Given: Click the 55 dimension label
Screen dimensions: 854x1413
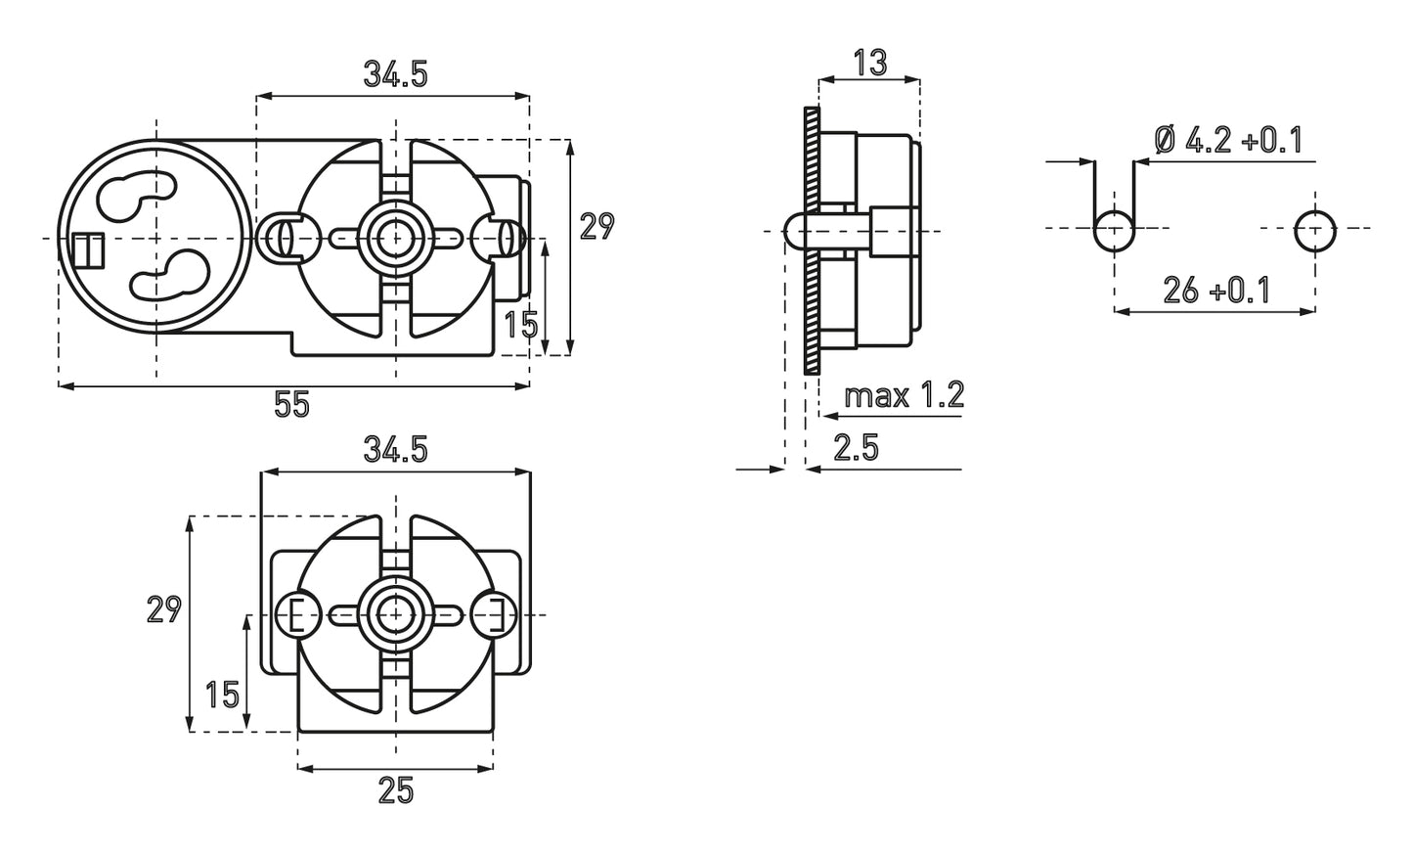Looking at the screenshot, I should tap(291, 404).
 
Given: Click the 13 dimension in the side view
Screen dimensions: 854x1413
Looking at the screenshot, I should tap(868, 62).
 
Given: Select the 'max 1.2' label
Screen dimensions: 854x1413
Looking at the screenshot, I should tap(904, 395).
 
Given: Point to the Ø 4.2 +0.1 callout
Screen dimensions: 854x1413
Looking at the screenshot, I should tap(1228, 141).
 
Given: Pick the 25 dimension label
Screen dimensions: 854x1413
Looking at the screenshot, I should tap(395, 789).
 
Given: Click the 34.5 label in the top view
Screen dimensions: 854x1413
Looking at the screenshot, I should tap(395, 74).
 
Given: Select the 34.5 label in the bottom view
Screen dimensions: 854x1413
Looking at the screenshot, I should tap(395, 450).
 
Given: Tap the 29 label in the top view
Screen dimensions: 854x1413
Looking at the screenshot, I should tap(596, 226).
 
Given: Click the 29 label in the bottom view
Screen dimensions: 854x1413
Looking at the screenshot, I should tap(163, 609).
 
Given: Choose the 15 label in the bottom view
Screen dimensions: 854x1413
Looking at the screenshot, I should tap(222, 695).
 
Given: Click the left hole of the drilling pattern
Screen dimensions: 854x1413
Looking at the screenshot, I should tap(1113, 232).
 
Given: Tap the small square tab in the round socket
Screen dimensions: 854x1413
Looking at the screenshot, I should tap(88, 250).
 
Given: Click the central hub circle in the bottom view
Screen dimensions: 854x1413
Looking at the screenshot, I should tap(395, 614).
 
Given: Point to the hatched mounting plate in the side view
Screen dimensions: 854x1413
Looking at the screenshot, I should tap(809, 240).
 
